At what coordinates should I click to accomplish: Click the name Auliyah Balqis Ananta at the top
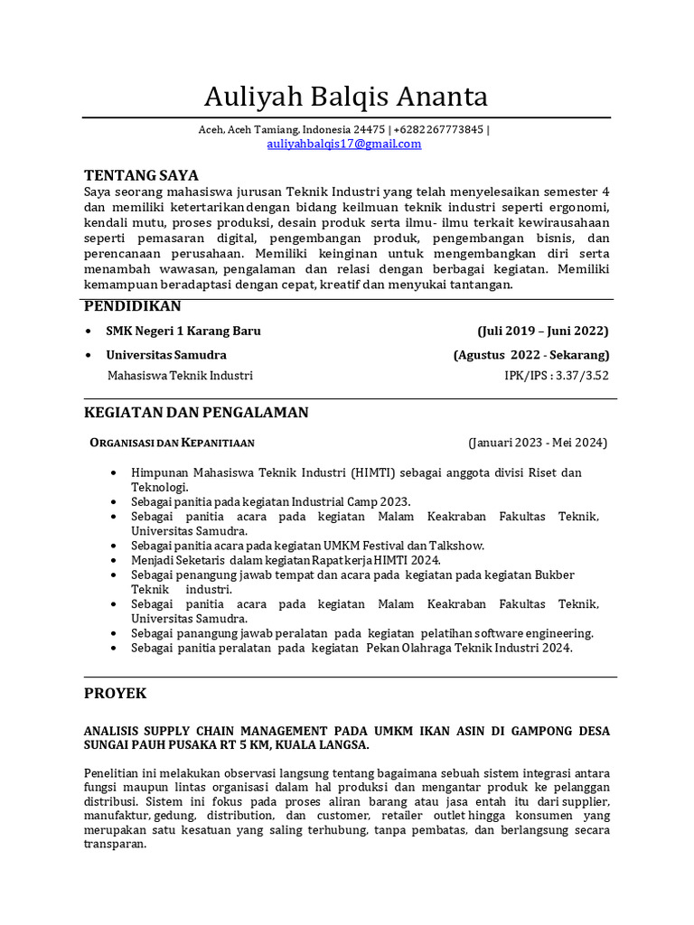(346, 96)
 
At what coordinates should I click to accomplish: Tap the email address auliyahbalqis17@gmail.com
(344, 144)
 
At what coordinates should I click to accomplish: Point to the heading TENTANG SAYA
(141, 175)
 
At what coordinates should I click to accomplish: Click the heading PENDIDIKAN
(133, 306)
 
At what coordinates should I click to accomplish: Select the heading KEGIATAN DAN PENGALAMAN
(196, 413)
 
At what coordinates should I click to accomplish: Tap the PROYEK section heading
(115, 694)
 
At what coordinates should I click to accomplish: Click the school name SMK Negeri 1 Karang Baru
(183, 331)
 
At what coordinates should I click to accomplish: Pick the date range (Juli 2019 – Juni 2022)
(543, 331)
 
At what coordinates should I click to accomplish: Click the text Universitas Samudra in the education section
(166, 355)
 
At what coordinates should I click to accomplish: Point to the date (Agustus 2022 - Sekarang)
(531, 355)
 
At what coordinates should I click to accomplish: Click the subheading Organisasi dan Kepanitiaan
(172, 443)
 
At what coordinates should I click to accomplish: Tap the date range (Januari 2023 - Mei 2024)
(538, 443)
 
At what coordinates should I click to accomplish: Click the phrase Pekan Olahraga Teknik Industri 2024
(469, 648)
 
